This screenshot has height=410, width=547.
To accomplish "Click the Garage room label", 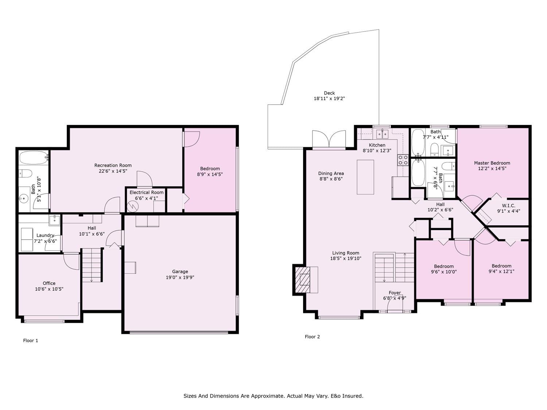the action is point(180,272).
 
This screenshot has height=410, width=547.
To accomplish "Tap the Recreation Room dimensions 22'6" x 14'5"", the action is point(113,171).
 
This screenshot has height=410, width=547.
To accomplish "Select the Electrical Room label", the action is point(147,192).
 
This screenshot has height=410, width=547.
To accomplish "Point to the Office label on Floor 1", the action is point(49,283).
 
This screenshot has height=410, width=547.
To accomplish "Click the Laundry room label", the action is point(45,235).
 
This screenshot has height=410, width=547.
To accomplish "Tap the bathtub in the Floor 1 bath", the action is point(34,157).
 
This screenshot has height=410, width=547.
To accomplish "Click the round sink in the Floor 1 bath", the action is point(24,199).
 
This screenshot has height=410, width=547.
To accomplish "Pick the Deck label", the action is point(329,93).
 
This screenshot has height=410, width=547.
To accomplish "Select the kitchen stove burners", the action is point(403,160).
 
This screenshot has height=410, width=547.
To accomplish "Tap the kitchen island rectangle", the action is point(365,177).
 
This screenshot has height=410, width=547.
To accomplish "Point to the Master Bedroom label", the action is point(492,163).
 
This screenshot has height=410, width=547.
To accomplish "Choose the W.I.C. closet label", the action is point(508,206).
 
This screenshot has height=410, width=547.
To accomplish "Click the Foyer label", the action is point(395,293).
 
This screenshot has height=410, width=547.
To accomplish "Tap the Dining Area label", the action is point(331,173).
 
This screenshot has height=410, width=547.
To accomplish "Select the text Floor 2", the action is point(312,336).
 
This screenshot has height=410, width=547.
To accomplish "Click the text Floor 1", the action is point(31,340).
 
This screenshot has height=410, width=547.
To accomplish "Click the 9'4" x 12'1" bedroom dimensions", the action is point(501,272).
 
